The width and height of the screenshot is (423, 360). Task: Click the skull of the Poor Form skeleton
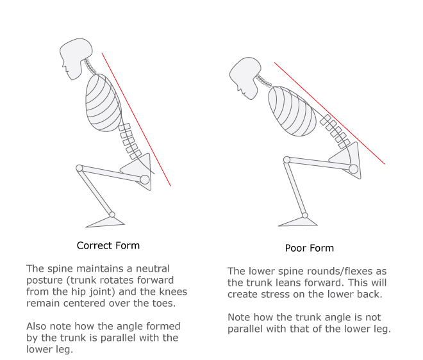coord(245,77)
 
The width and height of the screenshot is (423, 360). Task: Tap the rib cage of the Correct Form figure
coord(103,103)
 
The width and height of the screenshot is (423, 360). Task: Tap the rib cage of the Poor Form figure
coord(293,111)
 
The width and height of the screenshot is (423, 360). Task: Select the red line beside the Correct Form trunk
coord(137,119)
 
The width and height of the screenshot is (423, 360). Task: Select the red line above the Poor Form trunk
coord(329,113)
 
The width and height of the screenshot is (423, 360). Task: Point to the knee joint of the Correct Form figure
coord(79,168)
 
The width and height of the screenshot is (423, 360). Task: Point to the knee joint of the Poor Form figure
coord(286,160)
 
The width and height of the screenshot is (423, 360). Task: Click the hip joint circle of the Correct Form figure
coord(145,179)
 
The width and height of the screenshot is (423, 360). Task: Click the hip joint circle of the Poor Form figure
coord(353,169)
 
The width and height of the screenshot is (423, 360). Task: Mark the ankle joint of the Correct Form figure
coord(112,215)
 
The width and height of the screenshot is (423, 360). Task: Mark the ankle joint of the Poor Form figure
coord(305,215)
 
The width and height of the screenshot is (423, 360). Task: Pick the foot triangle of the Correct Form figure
coord(106,222)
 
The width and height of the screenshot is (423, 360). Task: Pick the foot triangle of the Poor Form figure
coord(299,222)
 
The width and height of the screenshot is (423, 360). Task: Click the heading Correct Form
coord(108,246)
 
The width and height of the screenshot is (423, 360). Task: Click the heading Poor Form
coord(310,248)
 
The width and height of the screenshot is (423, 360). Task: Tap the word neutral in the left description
coord(153,269)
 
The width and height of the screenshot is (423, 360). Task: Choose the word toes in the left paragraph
coord(164,304)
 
